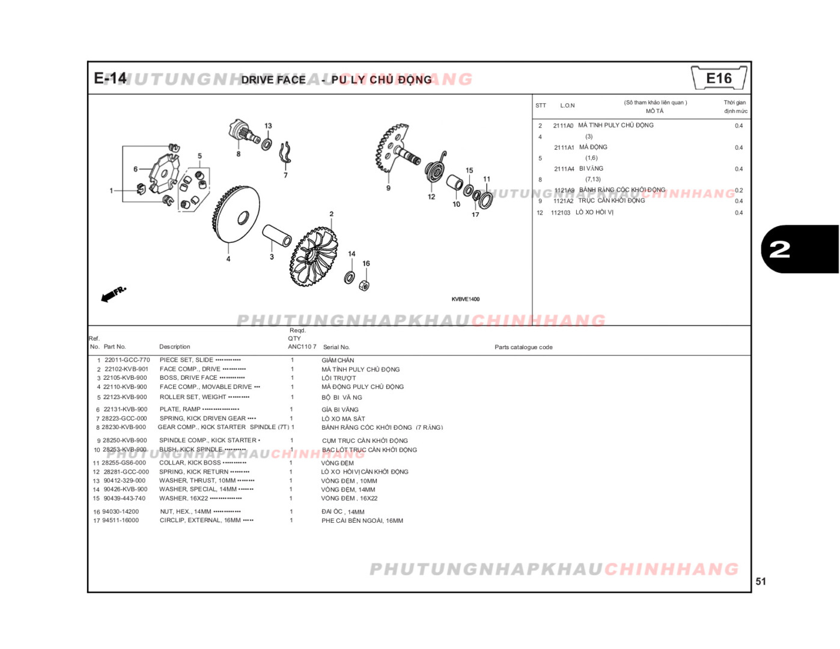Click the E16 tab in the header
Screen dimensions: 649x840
pyautogui.click(x=719, y=78)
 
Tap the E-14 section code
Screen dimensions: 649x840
pyautogui.click(x=110, y=78)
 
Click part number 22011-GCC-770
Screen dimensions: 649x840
pyautogui.click(x=127, y=360)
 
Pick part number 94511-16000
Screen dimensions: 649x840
pyautogui.click(x=120, y=520)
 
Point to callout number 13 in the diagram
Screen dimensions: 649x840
pyautogui.click(x=268, y=126)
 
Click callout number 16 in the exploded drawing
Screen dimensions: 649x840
pyautogui.click(x=366, y=263)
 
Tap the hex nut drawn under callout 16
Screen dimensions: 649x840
pyautogui.click(x=364, y=285)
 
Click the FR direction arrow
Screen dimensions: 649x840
pyautogui.click(x=113, y=293)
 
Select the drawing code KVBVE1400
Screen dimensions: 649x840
pyautogui.click(x=466, y=299)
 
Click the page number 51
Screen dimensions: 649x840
pyautogui.click(x=761, y=581)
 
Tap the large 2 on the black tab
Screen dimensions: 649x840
pyautogui.click(x=779, y=249)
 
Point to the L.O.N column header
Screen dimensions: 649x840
pyautogui.click(x=567, y=106)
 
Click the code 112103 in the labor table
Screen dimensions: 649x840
pyautogui.click(x=561, y=213)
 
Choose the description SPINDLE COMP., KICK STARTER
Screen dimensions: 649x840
pyautogui.click(x=207, y=440)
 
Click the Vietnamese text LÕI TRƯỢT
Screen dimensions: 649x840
pyautogui.click(x=338, y=378)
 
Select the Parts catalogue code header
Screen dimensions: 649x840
pyautogui.click(x=523, y=347)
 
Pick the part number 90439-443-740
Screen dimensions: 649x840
pyautogui.click(x=124, y=498)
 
